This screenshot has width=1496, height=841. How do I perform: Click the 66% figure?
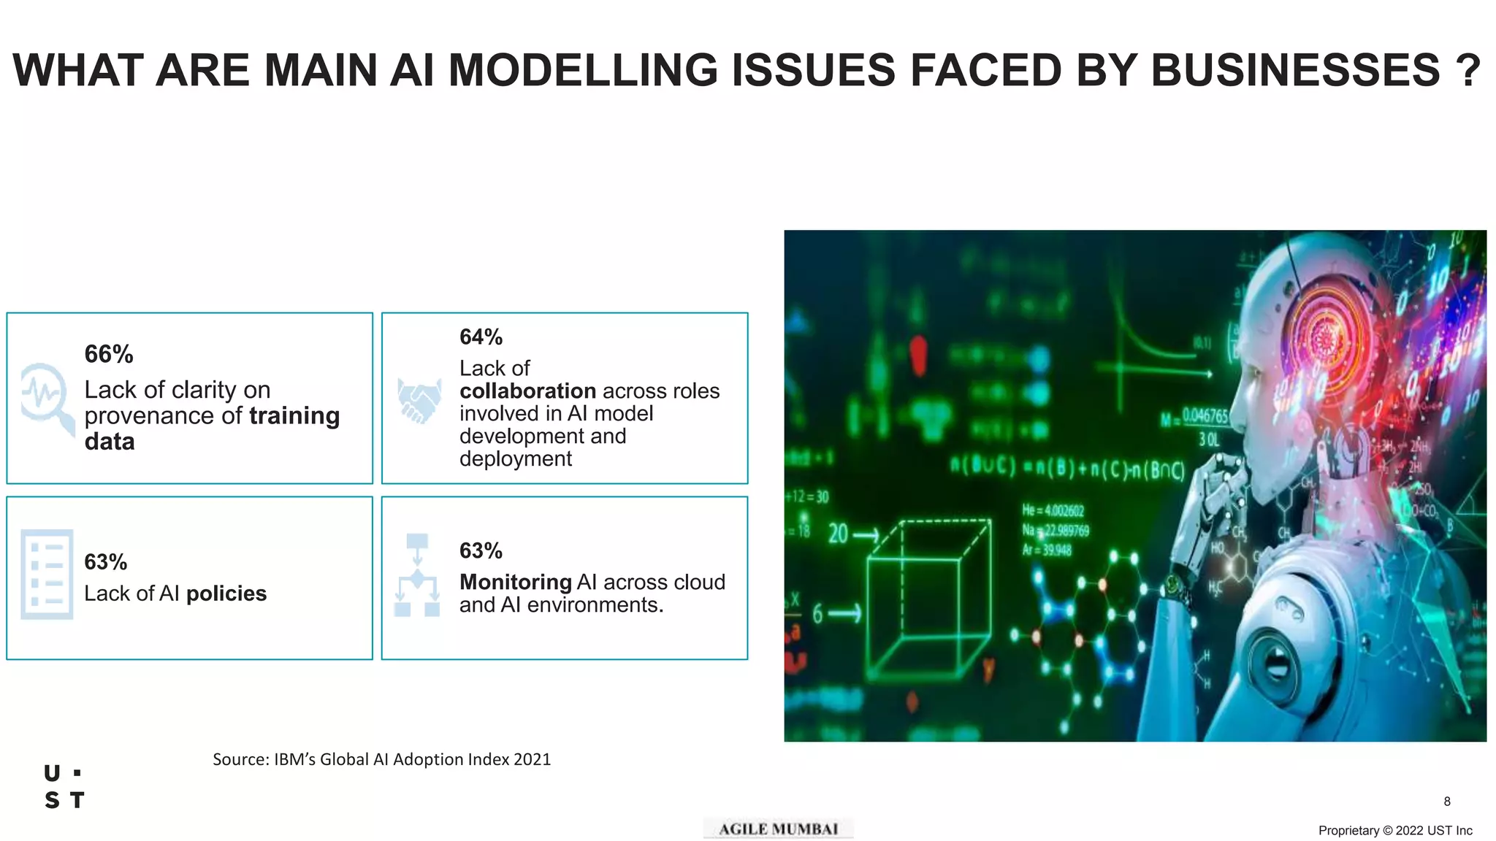tap(109, 354)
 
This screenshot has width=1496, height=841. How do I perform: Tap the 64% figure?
tap(481, 337)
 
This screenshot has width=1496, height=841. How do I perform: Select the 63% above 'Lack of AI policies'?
tap(105, 562)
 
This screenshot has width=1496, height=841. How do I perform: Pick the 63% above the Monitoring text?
tap(481, 550)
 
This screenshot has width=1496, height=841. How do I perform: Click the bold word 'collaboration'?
tap(527, 391)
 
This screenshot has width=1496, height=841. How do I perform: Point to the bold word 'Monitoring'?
tap(515, 582)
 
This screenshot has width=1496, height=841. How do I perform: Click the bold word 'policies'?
tap(226, 594)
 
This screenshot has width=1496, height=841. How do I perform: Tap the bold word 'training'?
tap(294, 415)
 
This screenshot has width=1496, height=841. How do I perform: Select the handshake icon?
tap(419, 400)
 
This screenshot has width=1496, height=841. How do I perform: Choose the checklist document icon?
tap(47, 574)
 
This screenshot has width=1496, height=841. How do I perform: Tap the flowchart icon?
tap(417, 575)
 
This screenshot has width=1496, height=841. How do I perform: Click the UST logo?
tap(64, 787)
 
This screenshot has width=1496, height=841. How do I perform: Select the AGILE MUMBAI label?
tap(778, 829)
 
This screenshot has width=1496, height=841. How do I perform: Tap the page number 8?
tap(1447, 802)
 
